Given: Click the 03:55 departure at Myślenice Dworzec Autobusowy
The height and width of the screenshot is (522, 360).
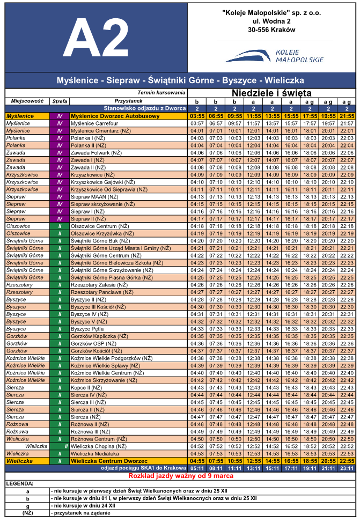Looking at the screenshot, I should point(197,116).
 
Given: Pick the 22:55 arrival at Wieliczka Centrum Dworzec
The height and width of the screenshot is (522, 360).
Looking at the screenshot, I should point(347,461).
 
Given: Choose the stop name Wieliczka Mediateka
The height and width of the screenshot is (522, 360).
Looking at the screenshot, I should point(95,453).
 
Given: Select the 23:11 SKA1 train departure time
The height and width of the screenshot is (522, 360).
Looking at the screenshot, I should point(347,468).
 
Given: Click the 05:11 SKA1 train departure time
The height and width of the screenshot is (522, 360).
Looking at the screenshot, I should point(197,468).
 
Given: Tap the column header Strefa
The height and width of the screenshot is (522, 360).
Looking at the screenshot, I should point(60,101).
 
